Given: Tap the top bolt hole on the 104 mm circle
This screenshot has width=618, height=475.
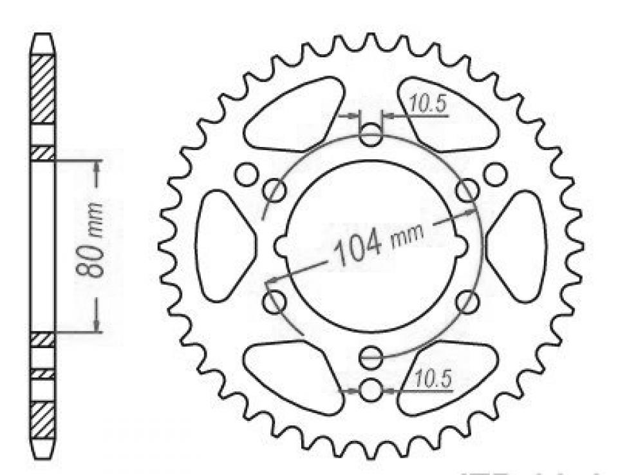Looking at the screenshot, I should pos(370,137).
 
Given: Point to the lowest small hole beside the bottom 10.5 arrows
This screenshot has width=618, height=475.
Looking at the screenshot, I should pos(370,390).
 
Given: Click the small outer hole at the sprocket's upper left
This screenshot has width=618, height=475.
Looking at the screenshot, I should pos(245,173).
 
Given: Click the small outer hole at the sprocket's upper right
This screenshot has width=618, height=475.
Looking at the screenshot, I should pos(494,173).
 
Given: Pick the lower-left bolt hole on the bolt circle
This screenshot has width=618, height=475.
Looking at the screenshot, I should pos(276,300).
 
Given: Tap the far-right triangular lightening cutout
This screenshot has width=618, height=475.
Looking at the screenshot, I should pos(518,246).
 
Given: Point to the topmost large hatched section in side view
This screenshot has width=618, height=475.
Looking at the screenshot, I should pos(43,89).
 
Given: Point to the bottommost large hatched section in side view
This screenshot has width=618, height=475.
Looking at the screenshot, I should pos(43,420).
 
